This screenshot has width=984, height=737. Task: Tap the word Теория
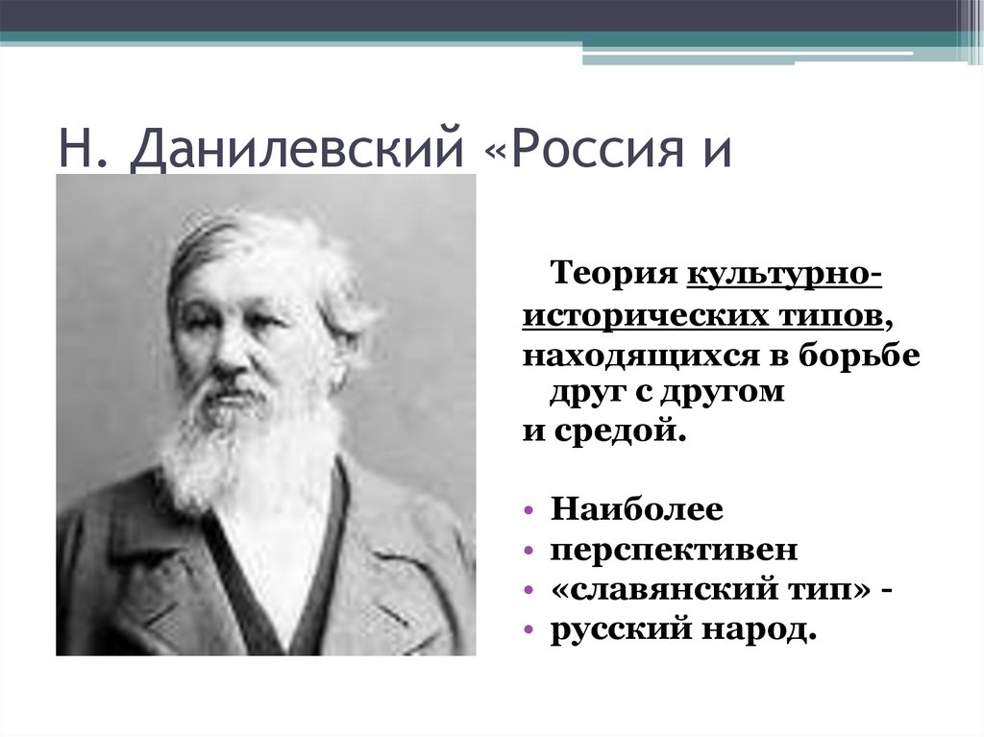614,274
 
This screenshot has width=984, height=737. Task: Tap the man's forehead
231,279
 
